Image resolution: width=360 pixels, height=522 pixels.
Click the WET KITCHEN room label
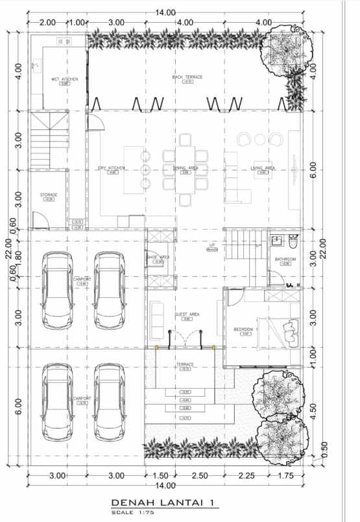65,79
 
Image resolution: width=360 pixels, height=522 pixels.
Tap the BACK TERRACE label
187,77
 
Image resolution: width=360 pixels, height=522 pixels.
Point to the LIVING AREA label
263,168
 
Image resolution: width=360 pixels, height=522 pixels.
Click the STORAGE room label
49,195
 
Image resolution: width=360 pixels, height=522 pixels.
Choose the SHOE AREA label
159,257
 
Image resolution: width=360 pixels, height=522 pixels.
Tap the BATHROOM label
285,259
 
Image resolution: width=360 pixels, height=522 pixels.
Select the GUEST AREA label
187,315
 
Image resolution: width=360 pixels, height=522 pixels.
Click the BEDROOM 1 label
246,330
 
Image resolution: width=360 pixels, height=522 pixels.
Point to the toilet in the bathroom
293,243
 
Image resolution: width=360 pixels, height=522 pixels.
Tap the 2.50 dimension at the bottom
201,476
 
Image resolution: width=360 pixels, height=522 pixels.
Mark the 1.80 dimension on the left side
19,258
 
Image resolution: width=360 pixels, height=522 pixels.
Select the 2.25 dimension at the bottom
246,476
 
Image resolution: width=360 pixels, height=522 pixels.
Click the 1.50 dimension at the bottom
160,476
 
